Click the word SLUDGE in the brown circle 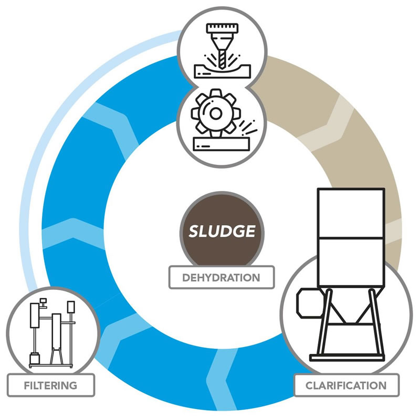pos(222,232)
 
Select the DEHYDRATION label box pos(222,277)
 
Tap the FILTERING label pos(50,385)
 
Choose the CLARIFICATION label pos(346,385)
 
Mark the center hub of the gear pos(215,112)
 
